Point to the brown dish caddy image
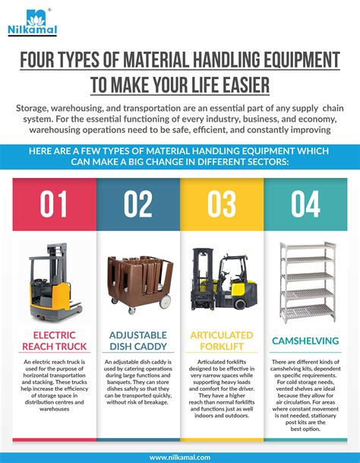click(139, 283)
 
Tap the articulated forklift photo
click(223, 280)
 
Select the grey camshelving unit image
click(307, 281)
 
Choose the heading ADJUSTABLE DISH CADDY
click(138, 340)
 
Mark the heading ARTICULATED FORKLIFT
click(223, 340)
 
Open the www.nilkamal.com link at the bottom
click(180, 457)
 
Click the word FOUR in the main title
click(46, 59)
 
